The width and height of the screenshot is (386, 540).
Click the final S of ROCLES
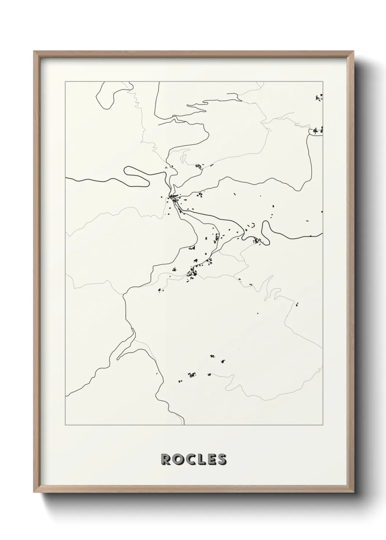pyautogui.click(x=221, y=459)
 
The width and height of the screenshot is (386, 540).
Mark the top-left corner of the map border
pyautogui.click(x=65, y=82)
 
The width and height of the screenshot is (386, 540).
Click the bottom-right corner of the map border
pyautogui.click(x=323, y=425)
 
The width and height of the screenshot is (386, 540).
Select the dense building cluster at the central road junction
pyautogui.click(x=173, y=198)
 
